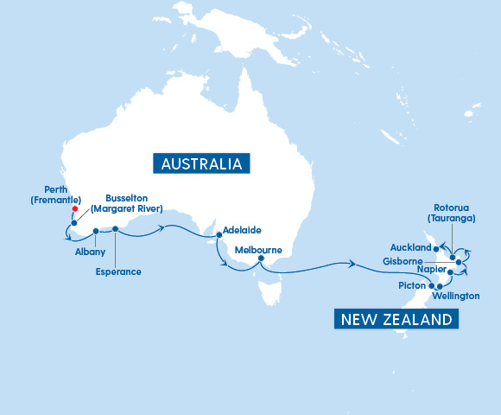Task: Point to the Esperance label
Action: [117, 271]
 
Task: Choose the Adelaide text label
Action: [242, 231]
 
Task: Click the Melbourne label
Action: [259, 250]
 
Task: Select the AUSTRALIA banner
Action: [200, 164]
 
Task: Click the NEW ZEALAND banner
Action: [396, 320]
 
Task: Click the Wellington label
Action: [457, 296]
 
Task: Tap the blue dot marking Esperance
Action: [115, 229]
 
